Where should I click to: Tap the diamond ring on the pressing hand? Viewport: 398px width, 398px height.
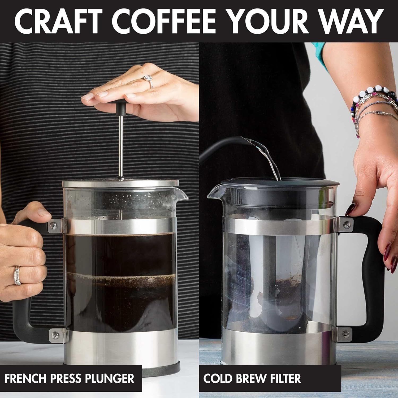point(148,79)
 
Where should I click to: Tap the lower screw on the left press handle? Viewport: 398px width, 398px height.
point(55,335)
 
